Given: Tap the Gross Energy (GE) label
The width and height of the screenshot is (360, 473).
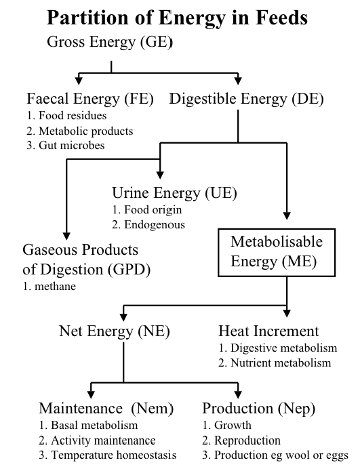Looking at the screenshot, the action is click(x=110, y=41).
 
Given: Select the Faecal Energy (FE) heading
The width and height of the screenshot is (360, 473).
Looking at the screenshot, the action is click(x=90, y=99).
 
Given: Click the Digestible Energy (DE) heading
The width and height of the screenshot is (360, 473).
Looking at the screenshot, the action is click(x=246, y=99).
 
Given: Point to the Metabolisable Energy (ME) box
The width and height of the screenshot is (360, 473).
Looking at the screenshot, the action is click(x=277, y=253).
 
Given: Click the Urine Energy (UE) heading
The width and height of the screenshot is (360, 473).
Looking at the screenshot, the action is click(x=174, y=193).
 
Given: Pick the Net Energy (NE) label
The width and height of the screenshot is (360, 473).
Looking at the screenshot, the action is click(x=115, y=331).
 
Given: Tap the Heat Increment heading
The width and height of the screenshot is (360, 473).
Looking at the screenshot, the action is click(x=268, y=331).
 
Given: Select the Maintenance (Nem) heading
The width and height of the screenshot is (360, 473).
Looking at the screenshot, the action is click(x=106, y=409).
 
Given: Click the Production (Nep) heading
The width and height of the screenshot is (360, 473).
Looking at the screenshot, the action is click(x=258, y=409).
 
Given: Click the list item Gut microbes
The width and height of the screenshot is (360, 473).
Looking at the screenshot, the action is click(x=66, y=146).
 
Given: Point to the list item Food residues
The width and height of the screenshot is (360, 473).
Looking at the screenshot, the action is click(x=66, y=115).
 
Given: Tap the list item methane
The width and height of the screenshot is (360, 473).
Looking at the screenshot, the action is click(x=49, y=286).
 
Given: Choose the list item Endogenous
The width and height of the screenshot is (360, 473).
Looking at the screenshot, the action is click(x=148, y=225).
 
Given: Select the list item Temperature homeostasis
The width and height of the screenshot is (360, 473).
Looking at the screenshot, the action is click(x=107, y=455).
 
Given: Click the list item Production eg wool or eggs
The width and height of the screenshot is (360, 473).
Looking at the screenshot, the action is click(x=275, y=455).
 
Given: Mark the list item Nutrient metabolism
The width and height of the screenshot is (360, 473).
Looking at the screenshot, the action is click(x=275, y=363).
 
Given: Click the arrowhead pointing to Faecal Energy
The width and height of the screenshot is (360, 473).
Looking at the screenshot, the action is click(x=79, y=81).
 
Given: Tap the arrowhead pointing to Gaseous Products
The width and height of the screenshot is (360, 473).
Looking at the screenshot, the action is click(x=66, y=236).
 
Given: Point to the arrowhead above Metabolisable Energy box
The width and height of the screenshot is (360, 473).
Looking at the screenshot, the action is click(x=287, y=215).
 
